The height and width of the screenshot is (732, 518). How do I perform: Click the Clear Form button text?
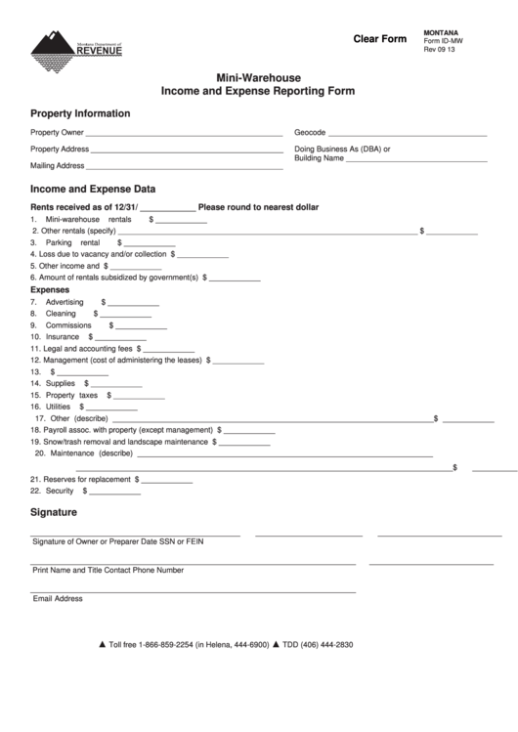tap(379, 39)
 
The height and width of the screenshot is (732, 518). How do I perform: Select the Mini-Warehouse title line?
tap(258, 77)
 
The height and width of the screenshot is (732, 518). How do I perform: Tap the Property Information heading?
tap(80, 113)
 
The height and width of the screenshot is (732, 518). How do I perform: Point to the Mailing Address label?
tap(56, 166)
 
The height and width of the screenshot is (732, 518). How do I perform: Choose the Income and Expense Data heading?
tap(93, 189)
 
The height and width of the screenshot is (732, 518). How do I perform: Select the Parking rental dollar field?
tap(150, 244)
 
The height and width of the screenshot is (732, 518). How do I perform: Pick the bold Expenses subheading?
tap(50, 290)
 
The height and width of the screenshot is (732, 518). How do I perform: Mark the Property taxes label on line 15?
tap(65, 395)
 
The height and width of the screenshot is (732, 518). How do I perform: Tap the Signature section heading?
tap(54, 512)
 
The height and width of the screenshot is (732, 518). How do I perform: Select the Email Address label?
tap(58, 598)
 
